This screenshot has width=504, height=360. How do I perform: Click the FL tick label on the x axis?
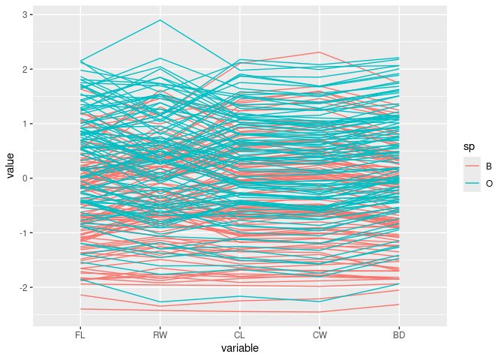click(79, 335)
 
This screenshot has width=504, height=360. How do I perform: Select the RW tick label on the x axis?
click(159, 335)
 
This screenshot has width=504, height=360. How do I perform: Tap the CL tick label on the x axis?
click(239, 335)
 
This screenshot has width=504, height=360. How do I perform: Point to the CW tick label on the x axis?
click(319, 335)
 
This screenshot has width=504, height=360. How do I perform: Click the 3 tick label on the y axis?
click(25, 15)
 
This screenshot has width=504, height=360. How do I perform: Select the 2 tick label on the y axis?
click(25, 70)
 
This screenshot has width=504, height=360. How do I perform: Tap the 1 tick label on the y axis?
click(25, 124)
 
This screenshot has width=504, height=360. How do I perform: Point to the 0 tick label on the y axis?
click(25, 178)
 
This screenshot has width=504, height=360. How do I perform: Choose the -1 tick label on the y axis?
click(23, 233)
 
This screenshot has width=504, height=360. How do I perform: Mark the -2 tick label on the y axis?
click(23, 288)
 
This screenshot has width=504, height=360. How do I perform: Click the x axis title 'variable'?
click(239, 349)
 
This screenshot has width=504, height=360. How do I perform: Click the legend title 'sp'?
click(468, 148)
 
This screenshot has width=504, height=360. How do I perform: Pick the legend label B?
click(487, 166)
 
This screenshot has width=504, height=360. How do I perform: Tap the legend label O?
click(488, 183)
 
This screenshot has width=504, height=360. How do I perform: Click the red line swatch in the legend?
click(472, 166)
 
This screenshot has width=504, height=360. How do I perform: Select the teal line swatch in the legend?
click(472, 183)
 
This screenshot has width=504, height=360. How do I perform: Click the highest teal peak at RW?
click(159, 20)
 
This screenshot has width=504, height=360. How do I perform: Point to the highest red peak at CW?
click(319, 52)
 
